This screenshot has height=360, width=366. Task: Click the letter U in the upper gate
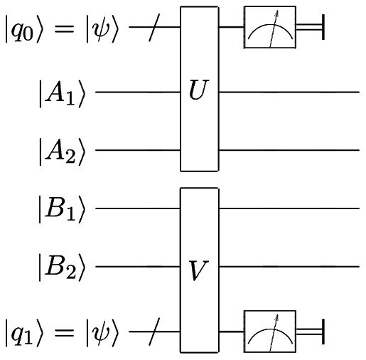point(198,92)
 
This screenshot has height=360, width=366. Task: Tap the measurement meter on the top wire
point(269,29)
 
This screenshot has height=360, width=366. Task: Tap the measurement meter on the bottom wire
point(269,331)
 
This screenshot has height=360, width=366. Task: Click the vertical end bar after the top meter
point(323,29)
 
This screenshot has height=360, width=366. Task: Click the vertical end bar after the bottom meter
point(323,331)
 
